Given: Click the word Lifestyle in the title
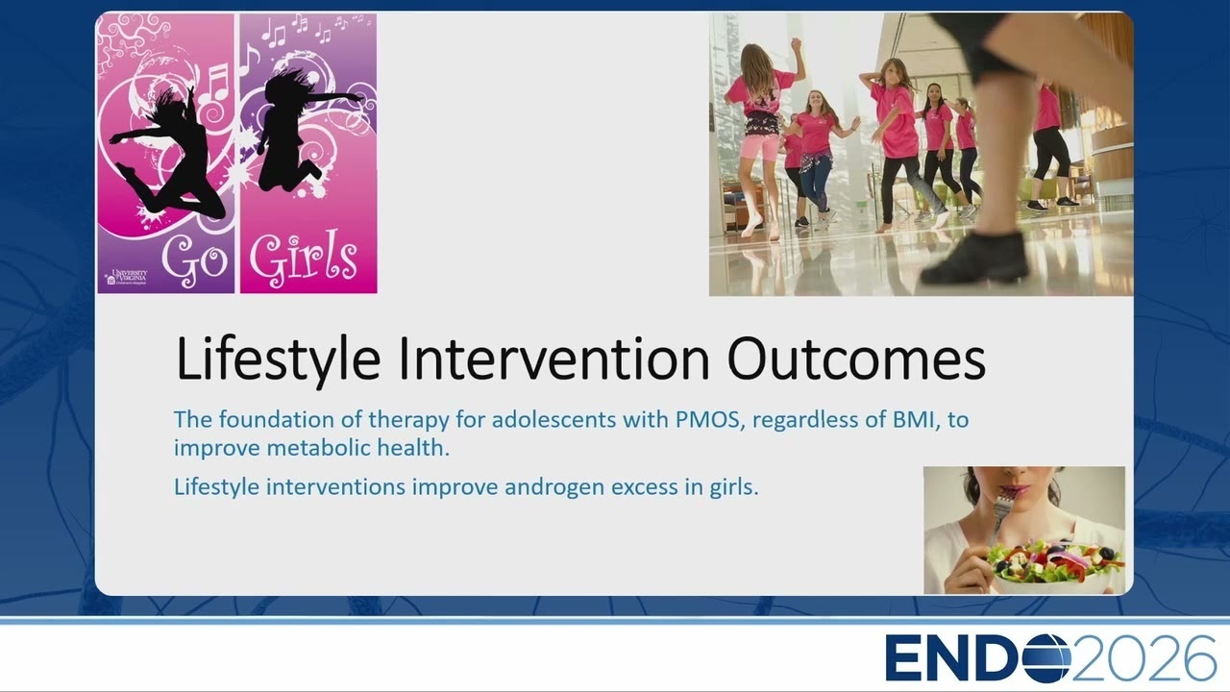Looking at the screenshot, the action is click(279, 359).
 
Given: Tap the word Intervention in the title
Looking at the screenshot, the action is click(554, 358).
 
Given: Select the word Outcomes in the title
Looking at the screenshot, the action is click(856, 358).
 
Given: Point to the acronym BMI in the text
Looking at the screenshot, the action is click(913, 420).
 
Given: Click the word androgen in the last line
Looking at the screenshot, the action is click(554, 487).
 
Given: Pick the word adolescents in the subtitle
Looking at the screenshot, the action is click(553, 420).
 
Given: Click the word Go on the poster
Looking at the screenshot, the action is click(195, 259).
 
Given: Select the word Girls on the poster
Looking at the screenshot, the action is click(304, 257).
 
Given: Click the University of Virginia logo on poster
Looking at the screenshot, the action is click(126, 277).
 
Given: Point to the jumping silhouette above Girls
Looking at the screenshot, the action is click(299, 132).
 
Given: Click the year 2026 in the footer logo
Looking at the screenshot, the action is click(1144, 658).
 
